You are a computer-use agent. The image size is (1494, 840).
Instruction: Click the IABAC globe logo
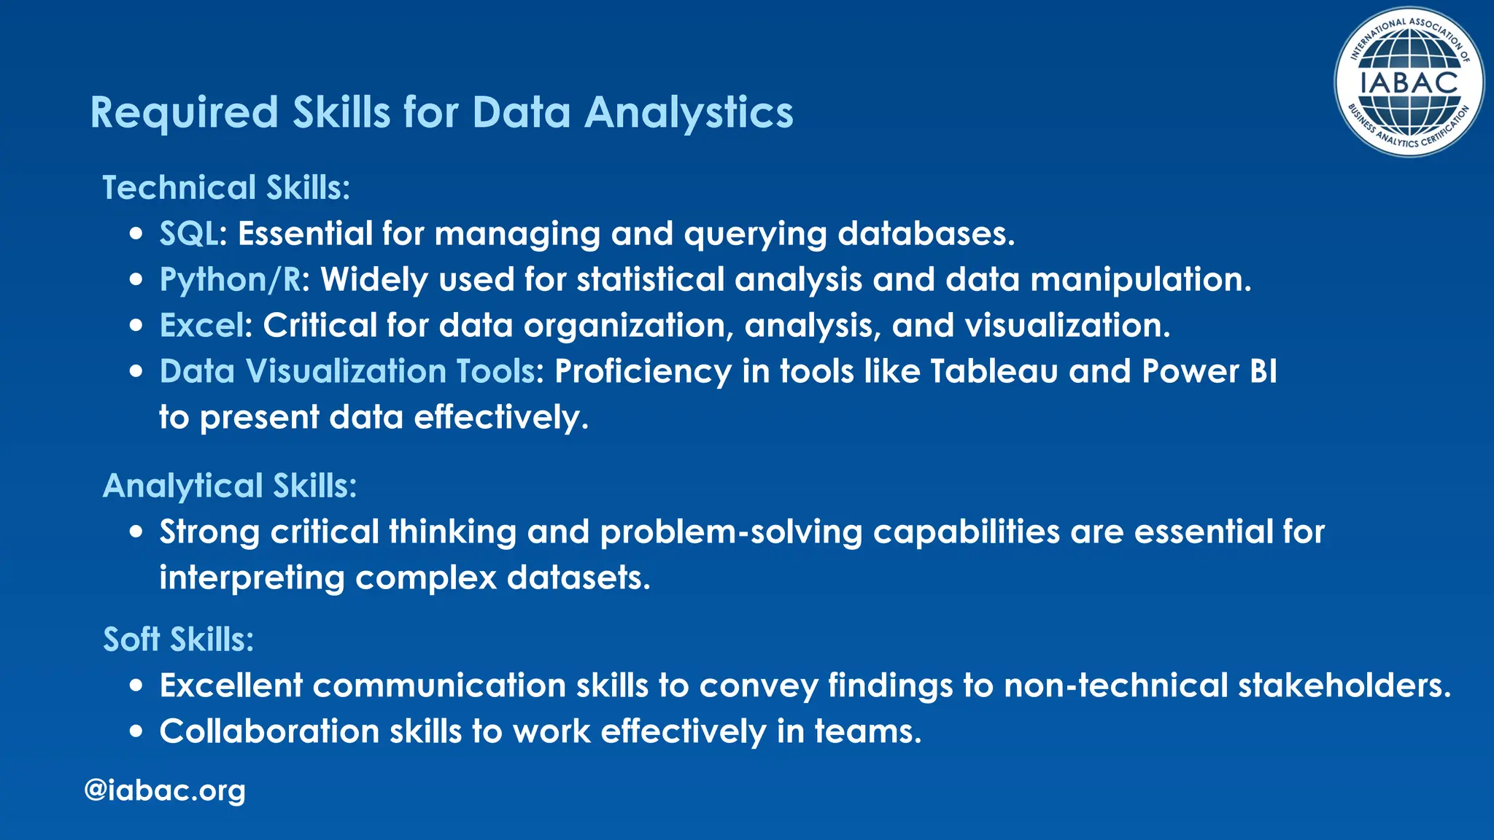coord(1409,82)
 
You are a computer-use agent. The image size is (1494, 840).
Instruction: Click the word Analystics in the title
coord(689,113)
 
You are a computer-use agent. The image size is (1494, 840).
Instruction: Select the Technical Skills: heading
coord(226,187)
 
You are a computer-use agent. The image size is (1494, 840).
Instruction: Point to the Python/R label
coord(231,280)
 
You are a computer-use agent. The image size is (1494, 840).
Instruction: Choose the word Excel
coord(201,326)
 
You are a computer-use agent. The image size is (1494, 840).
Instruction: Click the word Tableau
coord(994,371)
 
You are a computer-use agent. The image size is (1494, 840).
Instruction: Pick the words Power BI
coord(1209,371)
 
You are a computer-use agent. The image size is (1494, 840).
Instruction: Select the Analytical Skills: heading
coord(230,486)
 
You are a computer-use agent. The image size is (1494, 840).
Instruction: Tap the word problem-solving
coord(731,532)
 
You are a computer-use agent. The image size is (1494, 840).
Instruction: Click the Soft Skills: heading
coord(178,639)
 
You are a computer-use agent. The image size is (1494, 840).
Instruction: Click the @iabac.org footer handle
coord(165,790)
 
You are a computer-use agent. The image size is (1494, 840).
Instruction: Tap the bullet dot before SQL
coord(136,235)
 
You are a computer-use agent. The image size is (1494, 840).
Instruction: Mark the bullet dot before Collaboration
coord(136,731)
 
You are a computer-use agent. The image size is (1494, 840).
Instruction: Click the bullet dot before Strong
coord(136,532)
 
